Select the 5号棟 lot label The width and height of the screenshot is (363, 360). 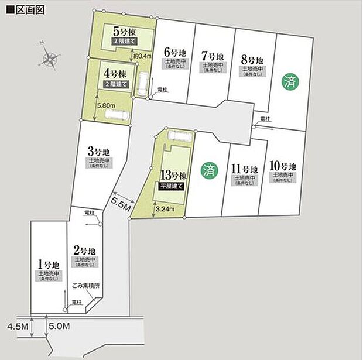(x=124, y=32)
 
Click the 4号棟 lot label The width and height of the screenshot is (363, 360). (x=115, y=75)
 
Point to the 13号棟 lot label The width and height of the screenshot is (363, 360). (x=172, y=175)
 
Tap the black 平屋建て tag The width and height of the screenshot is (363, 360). (x=172, y=186)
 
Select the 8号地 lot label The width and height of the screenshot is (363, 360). (x=252, y=60)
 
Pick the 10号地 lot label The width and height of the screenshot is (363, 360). (x=285, y=166)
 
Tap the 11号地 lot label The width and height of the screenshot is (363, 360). (x=244, y=169)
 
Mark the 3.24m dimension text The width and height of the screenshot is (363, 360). (x=166, y=208)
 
